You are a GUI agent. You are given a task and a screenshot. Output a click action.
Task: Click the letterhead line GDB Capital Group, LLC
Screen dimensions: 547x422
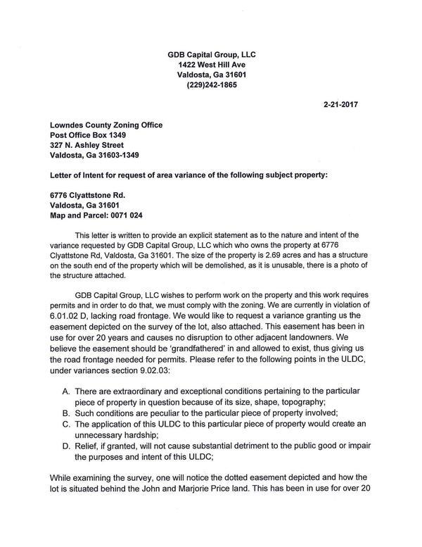coord(211,54)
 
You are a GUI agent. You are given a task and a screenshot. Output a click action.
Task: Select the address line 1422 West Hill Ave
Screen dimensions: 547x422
coord(211,64)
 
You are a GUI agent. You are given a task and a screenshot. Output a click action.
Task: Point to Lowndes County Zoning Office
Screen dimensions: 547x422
coord(106,125)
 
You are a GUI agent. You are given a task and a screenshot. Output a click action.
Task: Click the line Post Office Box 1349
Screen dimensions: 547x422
coord(88,135)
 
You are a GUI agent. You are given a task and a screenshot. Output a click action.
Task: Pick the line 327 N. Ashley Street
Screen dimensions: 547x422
coord(87,146)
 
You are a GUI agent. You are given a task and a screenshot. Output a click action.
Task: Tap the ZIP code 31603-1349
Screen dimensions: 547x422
coord(133,156)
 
